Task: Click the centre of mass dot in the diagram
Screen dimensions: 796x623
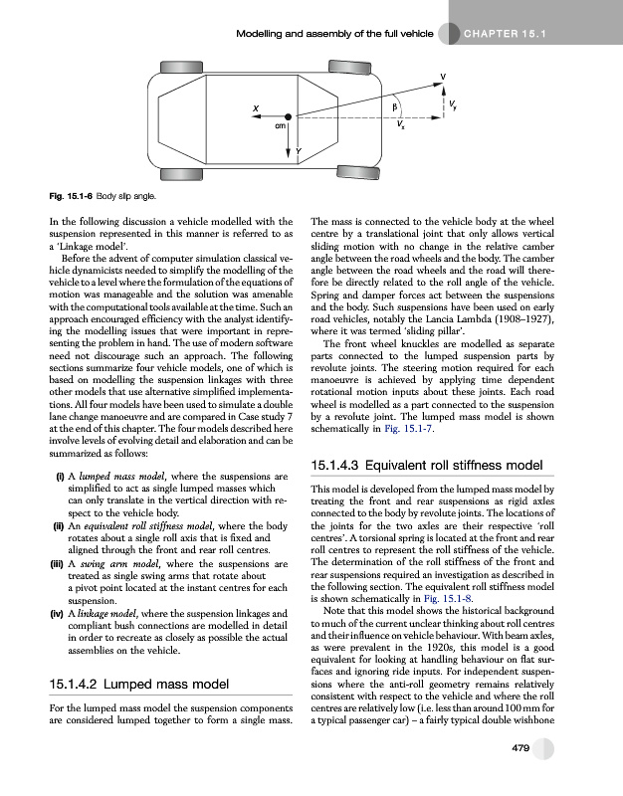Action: (x=287, y=115)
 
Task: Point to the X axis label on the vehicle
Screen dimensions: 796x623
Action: (x=256, y=108)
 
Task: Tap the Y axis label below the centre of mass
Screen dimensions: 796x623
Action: (x=298, y=151)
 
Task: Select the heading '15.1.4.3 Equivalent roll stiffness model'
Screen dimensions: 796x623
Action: (x=427, y=465)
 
